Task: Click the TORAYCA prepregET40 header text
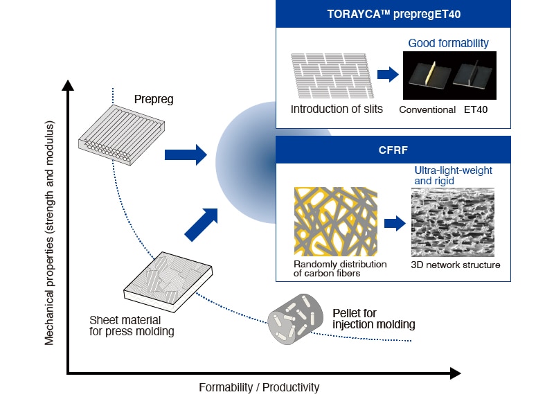point(393,14)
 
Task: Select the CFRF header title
point(393,150)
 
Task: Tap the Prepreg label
point(154,99)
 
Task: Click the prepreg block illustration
point(122,135)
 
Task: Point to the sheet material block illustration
point(168,282)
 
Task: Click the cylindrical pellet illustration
point(295,319)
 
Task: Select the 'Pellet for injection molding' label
point(374,319)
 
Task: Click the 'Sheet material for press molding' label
point(132,326)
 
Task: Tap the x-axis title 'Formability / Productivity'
point(259,387)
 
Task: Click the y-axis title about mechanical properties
point(49,233)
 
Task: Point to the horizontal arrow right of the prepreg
point(186,154)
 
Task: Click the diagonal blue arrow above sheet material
point(202,224)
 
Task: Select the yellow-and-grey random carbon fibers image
point(336,222)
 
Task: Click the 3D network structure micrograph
point(453,222)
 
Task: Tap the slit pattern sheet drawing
point(332,76)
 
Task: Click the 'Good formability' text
point(448,43)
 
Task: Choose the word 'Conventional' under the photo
point(427,110)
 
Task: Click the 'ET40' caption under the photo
point(476,109)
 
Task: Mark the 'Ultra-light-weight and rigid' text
point(453,176)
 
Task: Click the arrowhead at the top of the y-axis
point(68,85)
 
